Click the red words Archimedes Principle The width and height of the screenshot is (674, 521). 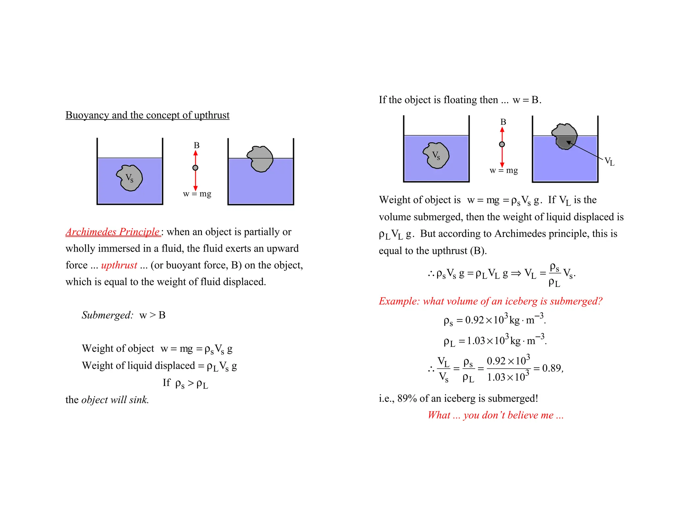[113, 232]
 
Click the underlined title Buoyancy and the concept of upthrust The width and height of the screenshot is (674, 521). [147, 115]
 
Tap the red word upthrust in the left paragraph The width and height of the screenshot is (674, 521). [119, 265]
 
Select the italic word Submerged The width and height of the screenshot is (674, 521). [107, 315]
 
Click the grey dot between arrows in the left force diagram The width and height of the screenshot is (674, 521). [195, 168]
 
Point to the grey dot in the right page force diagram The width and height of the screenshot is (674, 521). [502, 144]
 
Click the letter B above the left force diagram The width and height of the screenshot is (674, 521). [196, 145]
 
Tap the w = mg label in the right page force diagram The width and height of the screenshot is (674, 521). [504, 171]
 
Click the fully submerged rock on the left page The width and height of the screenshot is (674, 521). [130, 178]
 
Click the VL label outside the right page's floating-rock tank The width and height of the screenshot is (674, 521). [609, 162]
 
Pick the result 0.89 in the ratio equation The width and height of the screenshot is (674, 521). [552, 368]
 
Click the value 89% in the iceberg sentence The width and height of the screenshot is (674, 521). [407, 398]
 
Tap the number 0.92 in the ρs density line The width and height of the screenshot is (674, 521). [474, 320]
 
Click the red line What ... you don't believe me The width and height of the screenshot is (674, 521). [495, 415]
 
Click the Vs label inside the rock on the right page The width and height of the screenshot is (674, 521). [436, 155]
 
